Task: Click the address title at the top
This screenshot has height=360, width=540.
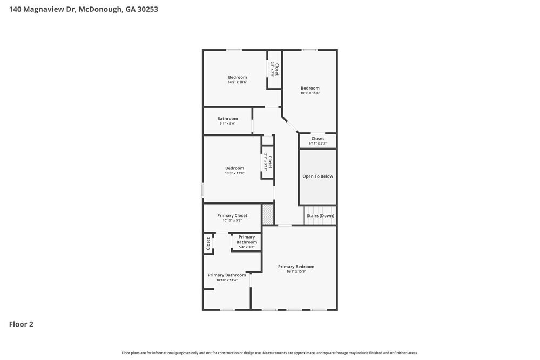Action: (83, 9)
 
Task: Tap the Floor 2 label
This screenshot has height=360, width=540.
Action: (21, 324)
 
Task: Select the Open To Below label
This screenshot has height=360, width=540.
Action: (318, 176)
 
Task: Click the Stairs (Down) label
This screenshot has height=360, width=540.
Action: (320, 216)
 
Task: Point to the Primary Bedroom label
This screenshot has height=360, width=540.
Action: (296, 267)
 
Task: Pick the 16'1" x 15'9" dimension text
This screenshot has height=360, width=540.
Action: (296, 271)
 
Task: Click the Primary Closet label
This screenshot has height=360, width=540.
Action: (232, 216)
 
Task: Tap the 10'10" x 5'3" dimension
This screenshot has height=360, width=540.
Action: (232, 221)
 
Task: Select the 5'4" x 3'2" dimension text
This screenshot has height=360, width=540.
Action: (246, 247)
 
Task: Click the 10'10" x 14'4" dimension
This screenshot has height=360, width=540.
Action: (227, 280)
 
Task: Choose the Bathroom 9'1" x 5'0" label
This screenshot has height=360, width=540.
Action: (227, 119)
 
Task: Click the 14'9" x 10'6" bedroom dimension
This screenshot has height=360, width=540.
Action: (237, 83)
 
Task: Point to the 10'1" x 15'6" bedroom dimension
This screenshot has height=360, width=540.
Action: (310, 93)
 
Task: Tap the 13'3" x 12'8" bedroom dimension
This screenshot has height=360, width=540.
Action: (234, 173)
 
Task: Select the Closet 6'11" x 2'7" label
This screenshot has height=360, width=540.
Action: (318, 139)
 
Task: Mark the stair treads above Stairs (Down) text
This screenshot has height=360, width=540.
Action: (320, 209)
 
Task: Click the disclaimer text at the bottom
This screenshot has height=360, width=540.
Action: (270, 353)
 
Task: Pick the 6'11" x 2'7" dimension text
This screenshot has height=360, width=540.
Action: (318, 144)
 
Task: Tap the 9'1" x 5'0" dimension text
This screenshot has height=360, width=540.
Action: (227, 124)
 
